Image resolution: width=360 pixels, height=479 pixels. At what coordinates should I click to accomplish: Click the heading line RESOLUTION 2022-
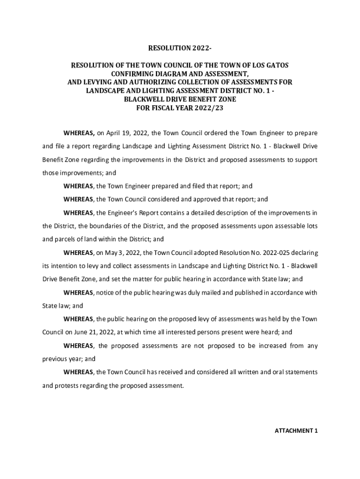point(180,48)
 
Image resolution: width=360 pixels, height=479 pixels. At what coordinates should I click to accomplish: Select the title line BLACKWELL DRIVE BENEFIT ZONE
point(180,99)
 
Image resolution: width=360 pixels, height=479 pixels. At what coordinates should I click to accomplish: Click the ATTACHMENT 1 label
point(296,430)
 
